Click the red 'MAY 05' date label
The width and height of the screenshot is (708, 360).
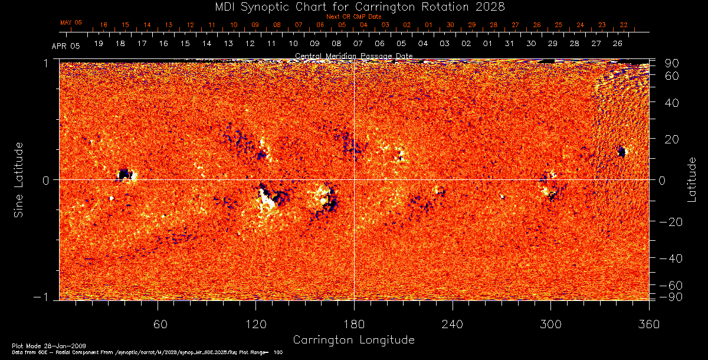click(71, 22)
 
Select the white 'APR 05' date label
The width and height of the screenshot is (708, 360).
click(65, 45)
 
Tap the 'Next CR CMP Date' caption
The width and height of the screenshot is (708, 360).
click(353, 17)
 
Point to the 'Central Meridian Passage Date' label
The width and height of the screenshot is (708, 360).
click(353, 56)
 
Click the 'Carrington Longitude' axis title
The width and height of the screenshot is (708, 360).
click(353, 340)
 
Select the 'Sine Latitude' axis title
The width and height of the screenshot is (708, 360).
click(19, 179)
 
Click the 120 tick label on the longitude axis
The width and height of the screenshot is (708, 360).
click(255, 324)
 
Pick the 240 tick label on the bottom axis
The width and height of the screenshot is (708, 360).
click(452, 324)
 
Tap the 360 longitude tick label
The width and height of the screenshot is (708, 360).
click(648, 324)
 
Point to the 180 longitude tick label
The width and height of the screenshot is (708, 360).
click(353, 324)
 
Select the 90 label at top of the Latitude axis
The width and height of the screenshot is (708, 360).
click(672, 63)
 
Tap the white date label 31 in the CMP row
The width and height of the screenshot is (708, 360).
click(509, 44)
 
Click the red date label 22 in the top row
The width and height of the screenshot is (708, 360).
click(624, 25)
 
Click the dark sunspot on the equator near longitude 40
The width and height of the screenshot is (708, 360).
click(124, 174)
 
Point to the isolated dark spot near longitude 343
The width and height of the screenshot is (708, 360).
click(621, 152)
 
